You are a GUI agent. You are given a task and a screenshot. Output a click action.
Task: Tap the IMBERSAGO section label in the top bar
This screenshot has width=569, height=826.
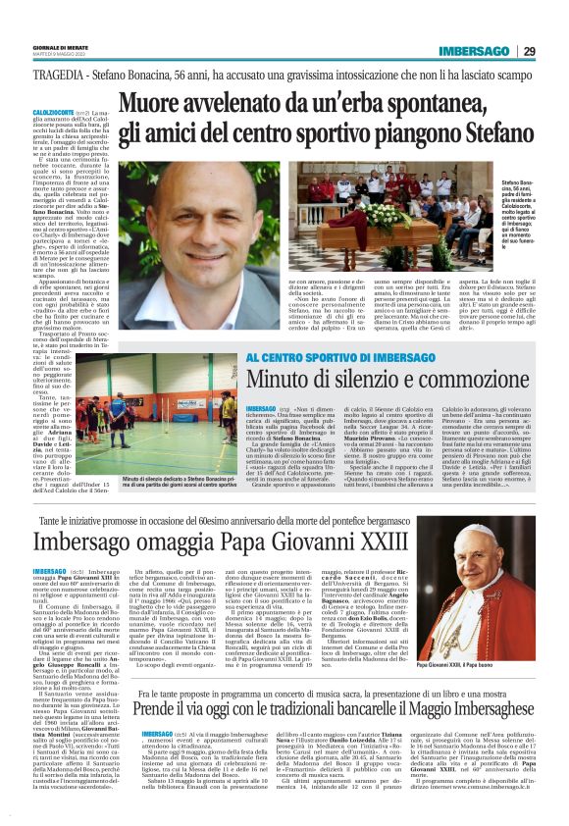(474, 51)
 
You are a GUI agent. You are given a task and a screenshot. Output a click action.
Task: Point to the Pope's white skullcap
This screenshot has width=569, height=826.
(485, 534)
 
